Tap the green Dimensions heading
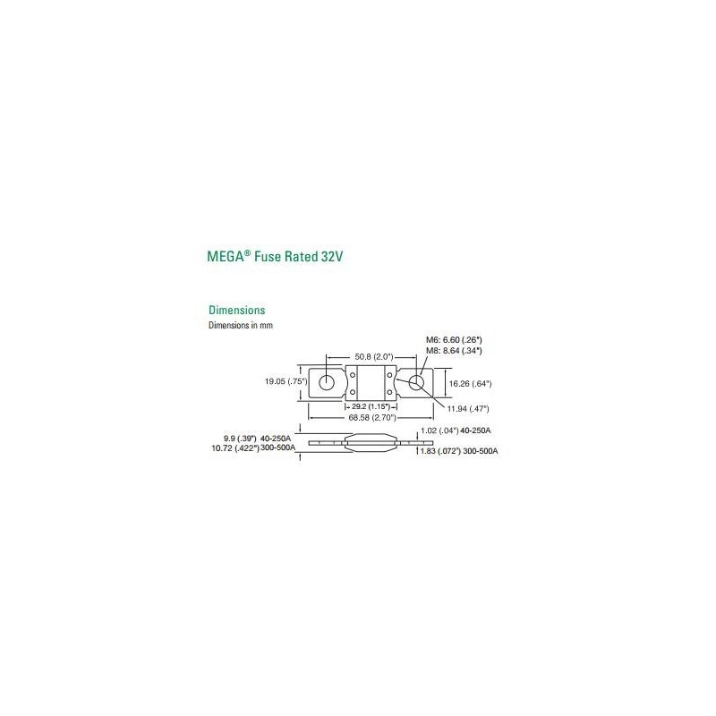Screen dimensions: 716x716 [x=236, y=310]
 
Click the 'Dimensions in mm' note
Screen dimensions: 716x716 [x=241, y=325]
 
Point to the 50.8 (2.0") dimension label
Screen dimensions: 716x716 [x=373, y=356]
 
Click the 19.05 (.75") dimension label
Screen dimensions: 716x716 [x=286, y=381]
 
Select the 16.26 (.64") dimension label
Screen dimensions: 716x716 [x=471, y=384]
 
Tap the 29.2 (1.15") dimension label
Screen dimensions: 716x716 [x=371, y=406]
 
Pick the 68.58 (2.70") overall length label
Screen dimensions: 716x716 [x=372, y=418]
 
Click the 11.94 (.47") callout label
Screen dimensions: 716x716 [x=467, y=409]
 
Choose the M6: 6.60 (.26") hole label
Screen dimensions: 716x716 [x=454, y=340]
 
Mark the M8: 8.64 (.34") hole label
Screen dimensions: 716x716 [x=454, y=351]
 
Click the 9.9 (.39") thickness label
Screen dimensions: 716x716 [x=240, y=439]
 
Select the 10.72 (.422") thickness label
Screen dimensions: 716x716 [x=235, y=448]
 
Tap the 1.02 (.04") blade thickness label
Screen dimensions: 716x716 [x=439, y=430]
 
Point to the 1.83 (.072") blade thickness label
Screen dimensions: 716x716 [x=440, y=451]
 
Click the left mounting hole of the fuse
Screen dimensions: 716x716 [x=327, y=382]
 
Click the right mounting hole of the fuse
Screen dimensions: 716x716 [x=415, y=383]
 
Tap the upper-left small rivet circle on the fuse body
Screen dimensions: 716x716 [x=353, y=375]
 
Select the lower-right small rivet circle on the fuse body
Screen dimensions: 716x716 [x=389, y=392]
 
